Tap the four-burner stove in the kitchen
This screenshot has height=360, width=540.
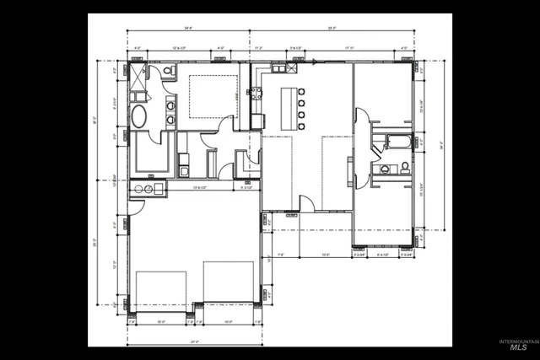click(x=253, y=94)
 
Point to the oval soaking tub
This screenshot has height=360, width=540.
click(x=139, y=116)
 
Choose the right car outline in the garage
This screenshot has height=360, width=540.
click(x=228, y=291)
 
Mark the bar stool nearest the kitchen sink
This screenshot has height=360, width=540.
click(x=302, y=90)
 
